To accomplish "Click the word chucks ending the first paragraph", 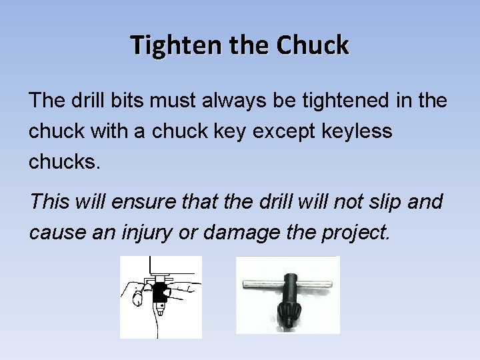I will [x=64, y=162].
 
